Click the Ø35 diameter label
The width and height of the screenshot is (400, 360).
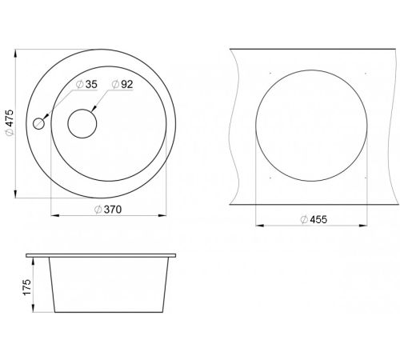(x=86, y=84)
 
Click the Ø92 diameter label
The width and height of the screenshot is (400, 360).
(x=122, y=84)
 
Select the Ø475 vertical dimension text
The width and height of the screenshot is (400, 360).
(x=10, y=122)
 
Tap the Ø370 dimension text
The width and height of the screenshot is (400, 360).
(x=108, y=210)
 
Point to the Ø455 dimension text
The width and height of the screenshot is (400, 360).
(x=314, y=219)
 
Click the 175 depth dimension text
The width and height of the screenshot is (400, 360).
(x=27, y=287)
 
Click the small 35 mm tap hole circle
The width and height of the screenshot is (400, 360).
(x=38, y=124)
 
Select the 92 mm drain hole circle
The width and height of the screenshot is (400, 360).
(x=82, y=123)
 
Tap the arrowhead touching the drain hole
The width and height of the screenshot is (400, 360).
(x=94, y=109)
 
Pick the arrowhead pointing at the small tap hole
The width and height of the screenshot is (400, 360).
(x=46, y=116)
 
